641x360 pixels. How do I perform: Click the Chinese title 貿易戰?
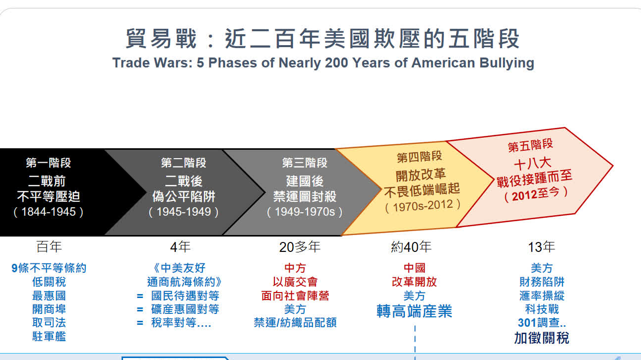pos(161,38)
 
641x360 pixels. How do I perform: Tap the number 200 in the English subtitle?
pos(336,62)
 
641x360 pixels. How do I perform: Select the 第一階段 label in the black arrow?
pos(48,163)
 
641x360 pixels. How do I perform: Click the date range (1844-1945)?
pos(48,212)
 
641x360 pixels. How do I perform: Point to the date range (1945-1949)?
pos(184,212)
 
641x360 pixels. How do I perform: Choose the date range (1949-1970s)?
pos(305,212)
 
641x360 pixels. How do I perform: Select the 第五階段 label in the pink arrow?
pos(530,145)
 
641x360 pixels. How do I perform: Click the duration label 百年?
pos(49,247)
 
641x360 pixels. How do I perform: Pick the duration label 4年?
pos(180,247)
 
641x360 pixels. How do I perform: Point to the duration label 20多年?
pos(300,247)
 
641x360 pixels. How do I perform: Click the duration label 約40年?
pos(411,247)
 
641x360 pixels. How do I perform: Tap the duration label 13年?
pos(541,247)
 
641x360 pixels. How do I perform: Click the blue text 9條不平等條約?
pos(49,268)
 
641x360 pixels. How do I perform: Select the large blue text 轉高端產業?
pos(414,311)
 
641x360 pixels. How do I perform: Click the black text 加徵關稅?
pos(541,338)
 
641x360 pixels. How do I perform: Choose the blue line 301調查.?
pos(541,323)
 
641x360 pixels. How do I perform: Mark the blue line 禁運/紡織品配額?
pos(295,323)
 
